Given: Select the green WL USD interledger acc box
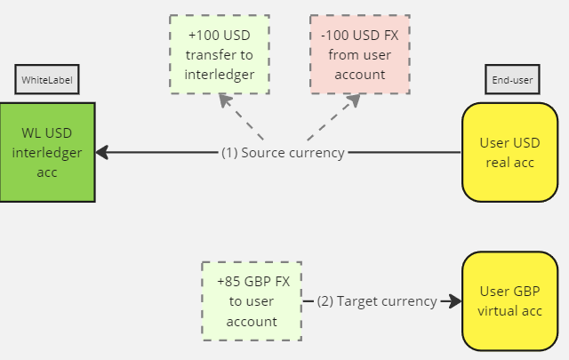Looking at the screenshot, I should pos(47,152).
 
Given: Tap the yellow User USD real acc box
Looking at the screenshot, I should pos(509,152).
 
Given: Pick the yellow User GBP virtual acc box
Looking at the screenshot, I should pos(509,301).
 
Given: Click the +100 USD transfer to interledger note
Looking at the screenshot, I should pos(218,53).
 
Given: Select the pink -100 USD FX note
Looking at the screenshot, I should pos(360,53).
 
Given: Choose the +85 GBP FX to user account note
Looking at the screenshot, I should pos(252,301).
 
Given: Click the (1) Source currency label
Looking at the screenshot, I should pos(283,153).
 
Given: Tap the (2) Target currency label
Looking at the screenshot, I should pos(377,301).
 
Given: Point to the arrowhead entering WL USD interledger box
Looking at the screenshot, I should pos(101,152).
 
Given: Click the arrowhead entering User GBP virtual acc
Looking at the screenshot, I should pos(456,301).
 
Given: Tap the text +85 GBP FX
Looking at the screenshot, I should pos(252,282).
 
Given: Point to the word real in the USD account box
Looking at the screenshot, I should pos(498,162).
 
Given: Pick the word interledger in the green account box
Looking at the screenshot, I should pos(47,153).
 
